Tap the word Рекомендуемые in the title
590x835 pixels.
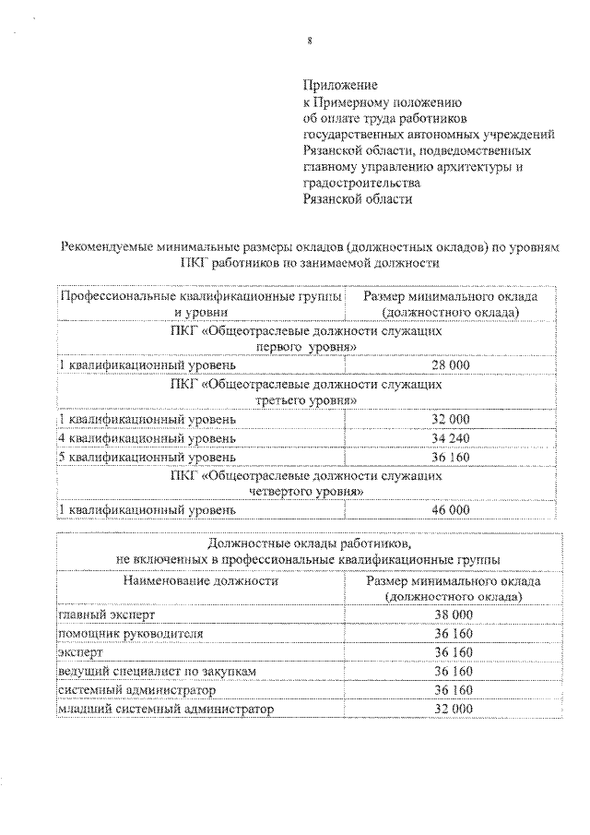click(x=108, y=246)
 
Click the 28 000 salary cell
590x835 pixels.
click(x=451, y=365)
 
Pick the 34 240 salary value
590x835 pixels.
click(x=451, y=437)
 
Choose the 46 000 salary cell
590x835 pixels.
click(x=451, y=509)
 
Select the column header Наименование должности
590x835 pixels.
click(x=199, y=582)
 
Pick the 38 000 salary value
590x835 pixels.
click(x=453, y=614)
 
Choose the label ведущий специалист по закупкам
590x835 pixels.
click(x=151, y=671)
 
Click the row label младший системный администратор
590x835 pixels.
click(x=165, y=709)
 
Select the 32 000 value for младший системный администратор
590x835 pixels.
click(x=453, y=709)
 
